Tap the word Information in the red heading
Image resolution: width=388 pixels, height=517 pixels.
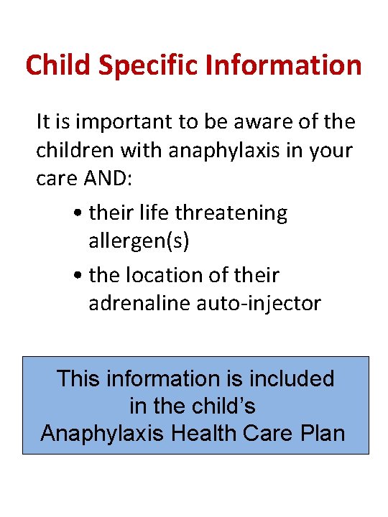click(x=284, y=65)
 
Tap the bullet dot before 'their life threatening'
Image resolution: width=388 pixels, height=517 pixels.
click(x=77, y=214)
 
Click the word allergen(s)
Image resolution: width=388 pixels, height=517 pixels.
click(x=139, y=242)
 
